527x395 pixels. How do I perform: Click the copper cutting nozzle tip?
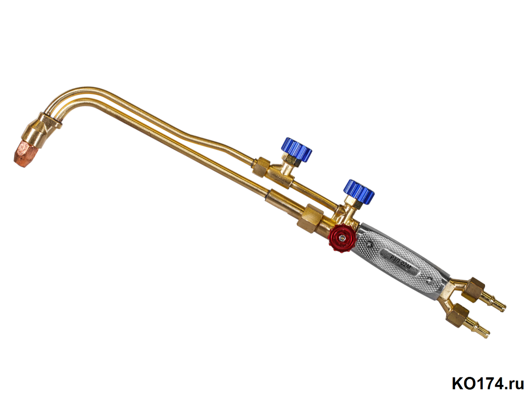25,153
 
